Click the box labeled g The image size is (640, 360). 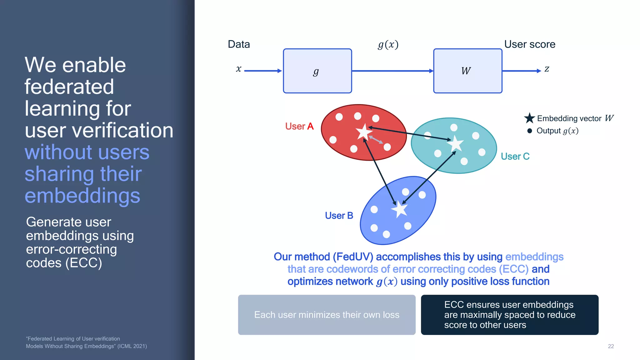[x=317, y=71]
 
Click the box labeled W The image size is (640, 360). [x=467, y=71]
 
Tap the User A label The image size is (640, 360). [x=299, y=126]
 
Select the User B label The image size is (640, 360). [x=339, y=216]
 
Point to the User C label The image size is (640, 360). [x=515, y=156]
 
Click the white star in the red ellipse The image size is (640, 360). [x=364, y=132]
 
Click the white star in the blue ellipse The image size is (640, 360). [x=400, y=209]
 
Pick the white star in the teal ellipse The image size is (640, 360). [x=455, y=144]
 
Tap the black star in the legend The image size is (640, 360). [x=529, y=118]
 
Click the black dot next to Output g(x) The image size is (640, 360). [x=529, y=131]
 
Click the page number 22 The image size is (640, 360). [x=611, y=346]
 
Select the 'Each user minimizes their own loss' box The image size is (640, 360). [x=327, y=315]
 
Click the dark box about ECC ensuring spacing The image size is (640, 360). [x=509, y=315]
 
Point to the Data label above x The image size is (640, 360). [x=239, y=44]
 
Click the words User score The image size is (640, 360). [x=530, y=44]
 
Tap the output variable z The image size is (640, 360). [x=547, y=69]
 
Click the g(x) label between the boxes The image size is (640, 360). [x=388, y=45]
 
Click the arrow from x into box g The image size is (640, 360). [x=262, y=71]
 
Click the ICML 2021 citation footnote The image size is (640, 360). [x=86, y=342]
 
